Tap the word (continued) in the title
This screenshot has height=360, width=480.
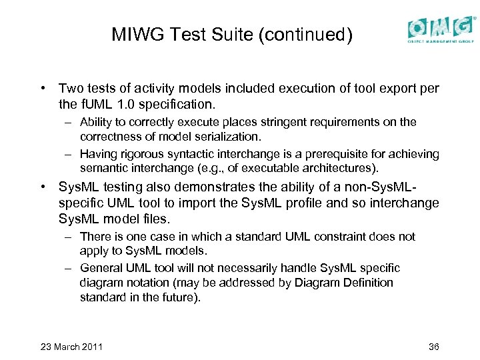309,34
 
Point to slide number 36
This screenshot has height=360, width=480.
434,347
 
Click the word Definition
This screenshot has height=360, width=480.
365,283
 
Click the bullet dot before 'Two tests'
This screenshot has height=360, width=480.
42,88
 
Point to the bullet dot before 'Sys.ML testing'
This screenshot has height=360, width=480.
42,187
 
